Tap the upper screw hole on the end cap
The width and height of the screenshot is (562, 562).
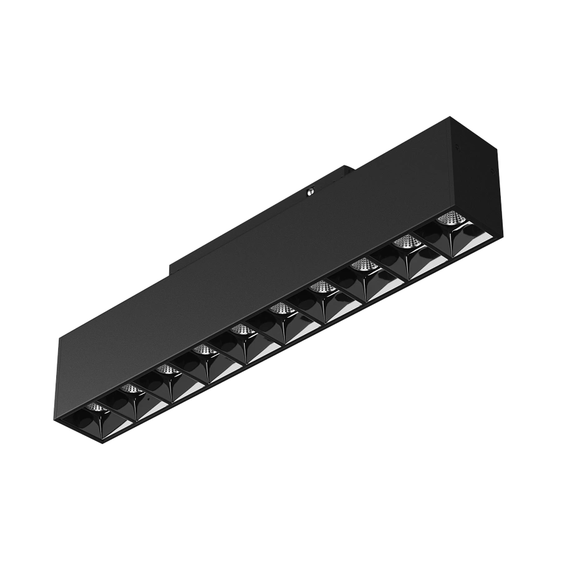[460, 148]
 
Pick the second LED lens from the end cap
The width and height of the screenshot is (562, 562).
[407, 241]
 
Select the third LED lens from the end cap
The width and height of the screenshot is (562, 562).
[362, 265]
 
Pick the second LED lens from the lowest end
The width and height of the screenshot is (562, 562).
[130, 389]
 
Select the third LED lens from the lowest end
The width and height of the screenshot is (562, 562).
[165, 370]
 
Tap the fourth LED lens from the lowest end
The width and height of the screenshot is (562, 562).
[201, 350]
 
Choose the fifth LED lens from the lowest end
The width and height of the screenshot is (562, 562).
[240, 329]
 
